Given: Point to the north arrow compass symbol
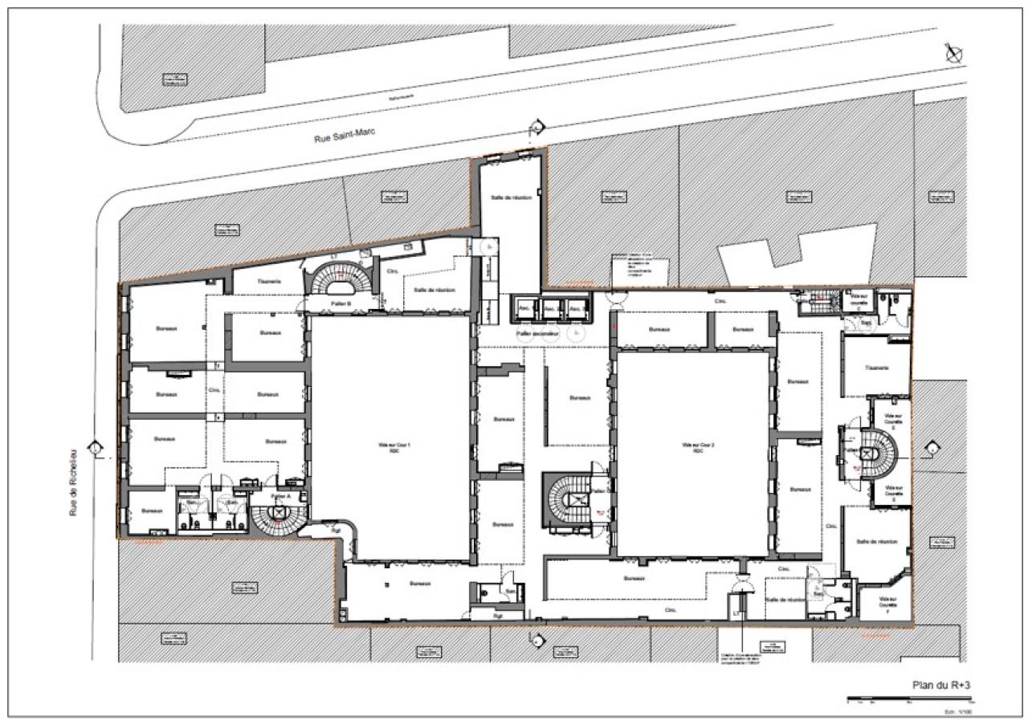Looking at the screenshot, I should click(x=954, y=54).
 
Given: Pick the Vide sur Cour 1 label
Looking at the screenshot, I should click(x=389, y=446).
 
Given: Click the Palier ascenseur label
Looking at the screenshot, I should click(x=537, y=331).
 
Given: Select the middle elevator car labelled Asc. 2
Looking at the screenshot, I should click(x=550, y=308).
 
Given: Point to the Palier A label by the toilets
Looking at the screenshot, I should click(x=280, y=496).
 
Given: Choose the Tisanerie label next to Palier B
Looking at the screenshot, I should click(x=268, y=282).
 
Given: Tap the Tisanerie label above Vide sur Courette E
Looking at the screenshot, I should click(x=875, y=368).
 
